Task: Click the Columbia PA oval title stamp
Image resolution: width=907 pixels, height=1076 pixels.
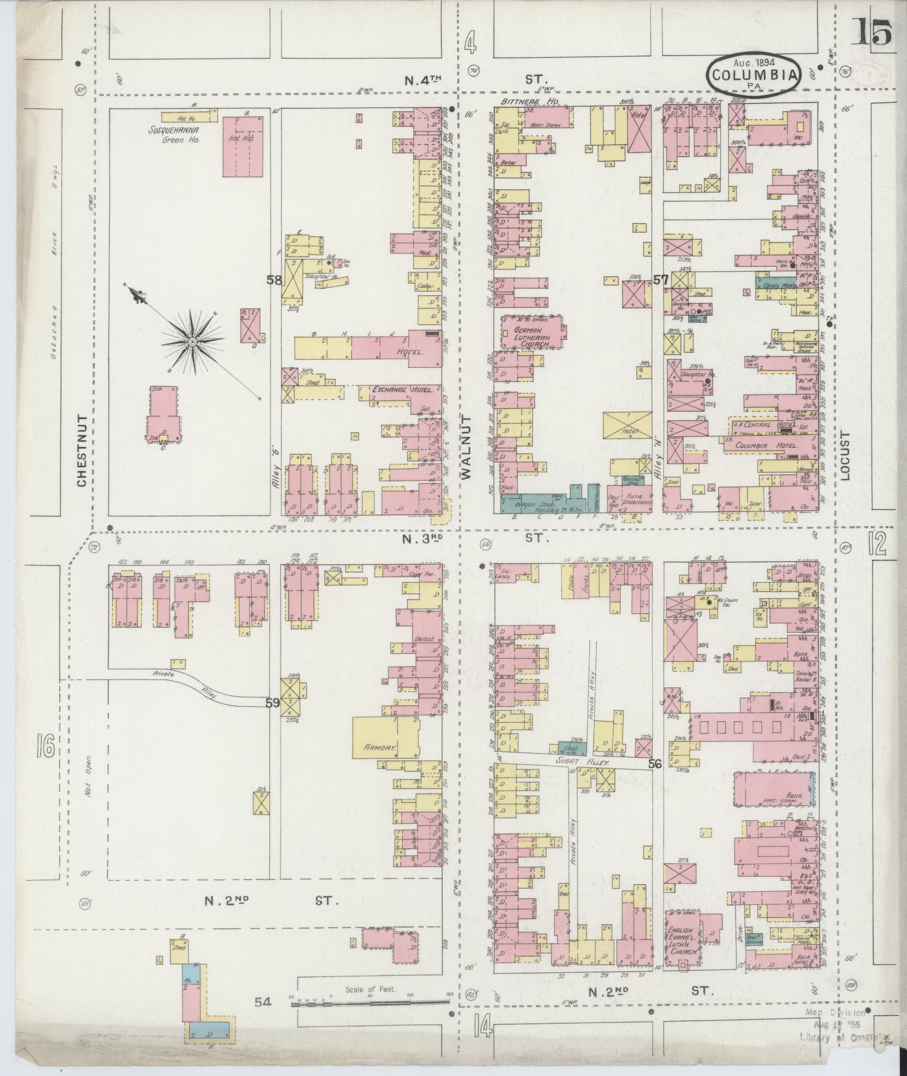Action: pos(753,75)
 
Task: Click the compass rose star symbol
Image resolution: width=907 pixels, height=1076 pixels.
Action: pos(192,341)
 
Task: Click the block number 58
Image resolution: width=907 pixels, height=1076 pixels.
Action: pos(274,278)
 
